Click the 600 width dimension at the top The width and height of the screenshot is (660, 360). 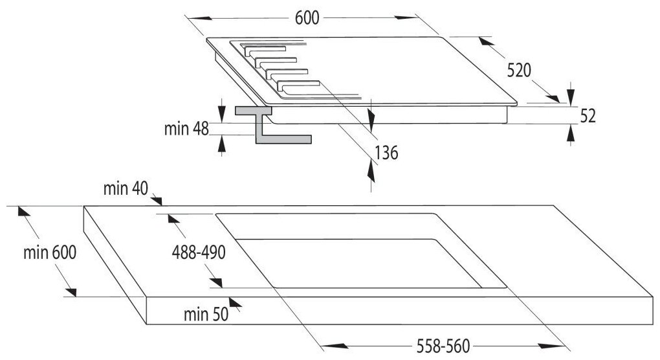click(x=307, y=18)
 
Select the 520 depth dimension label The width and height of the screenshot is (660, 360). click(x=518, y=71)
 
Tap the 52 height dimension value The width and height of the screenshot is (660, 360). click(x=588, y=116)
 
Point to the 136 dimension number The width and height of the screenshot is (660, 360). click(x=386, y=153)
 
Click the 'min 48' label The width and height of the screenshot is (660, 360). click(x=186, y=129)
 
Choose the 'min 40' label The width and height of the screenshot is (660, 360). click(x=126, y=188)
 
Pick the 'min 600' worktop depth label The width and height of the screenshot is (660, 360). click(x=50, y=253)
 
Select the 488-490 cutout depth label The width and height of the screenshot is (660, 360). click(x=199, y=253)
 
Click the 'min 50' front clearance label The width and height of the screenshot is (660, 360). click(x=206, y=314)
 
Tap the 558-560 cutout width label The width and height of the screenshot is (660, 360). click(x=443, y=346)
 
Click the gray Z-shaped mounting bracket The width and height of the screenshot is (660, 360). click(x=269, y=125)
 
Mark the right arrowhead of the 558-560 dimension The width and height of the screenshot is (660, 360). click(x=551, y=346)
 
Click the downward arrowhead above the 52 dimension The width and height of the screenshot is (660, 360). click(x=570, y=98)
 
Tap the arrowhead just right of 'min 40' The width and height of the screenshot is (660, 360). click(x=157, y=201)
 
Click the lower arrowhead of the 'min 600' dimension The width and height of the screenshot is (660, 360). click(x=71, y=292)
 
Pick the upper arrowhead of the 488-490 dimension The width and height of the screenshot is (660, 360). click(x=173, y=219)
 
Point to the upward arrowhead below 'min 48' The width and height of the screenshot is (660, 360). click(x=222, y=144)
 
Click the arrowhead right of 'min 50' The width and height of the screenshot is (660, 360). click(x=236, y=302)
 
